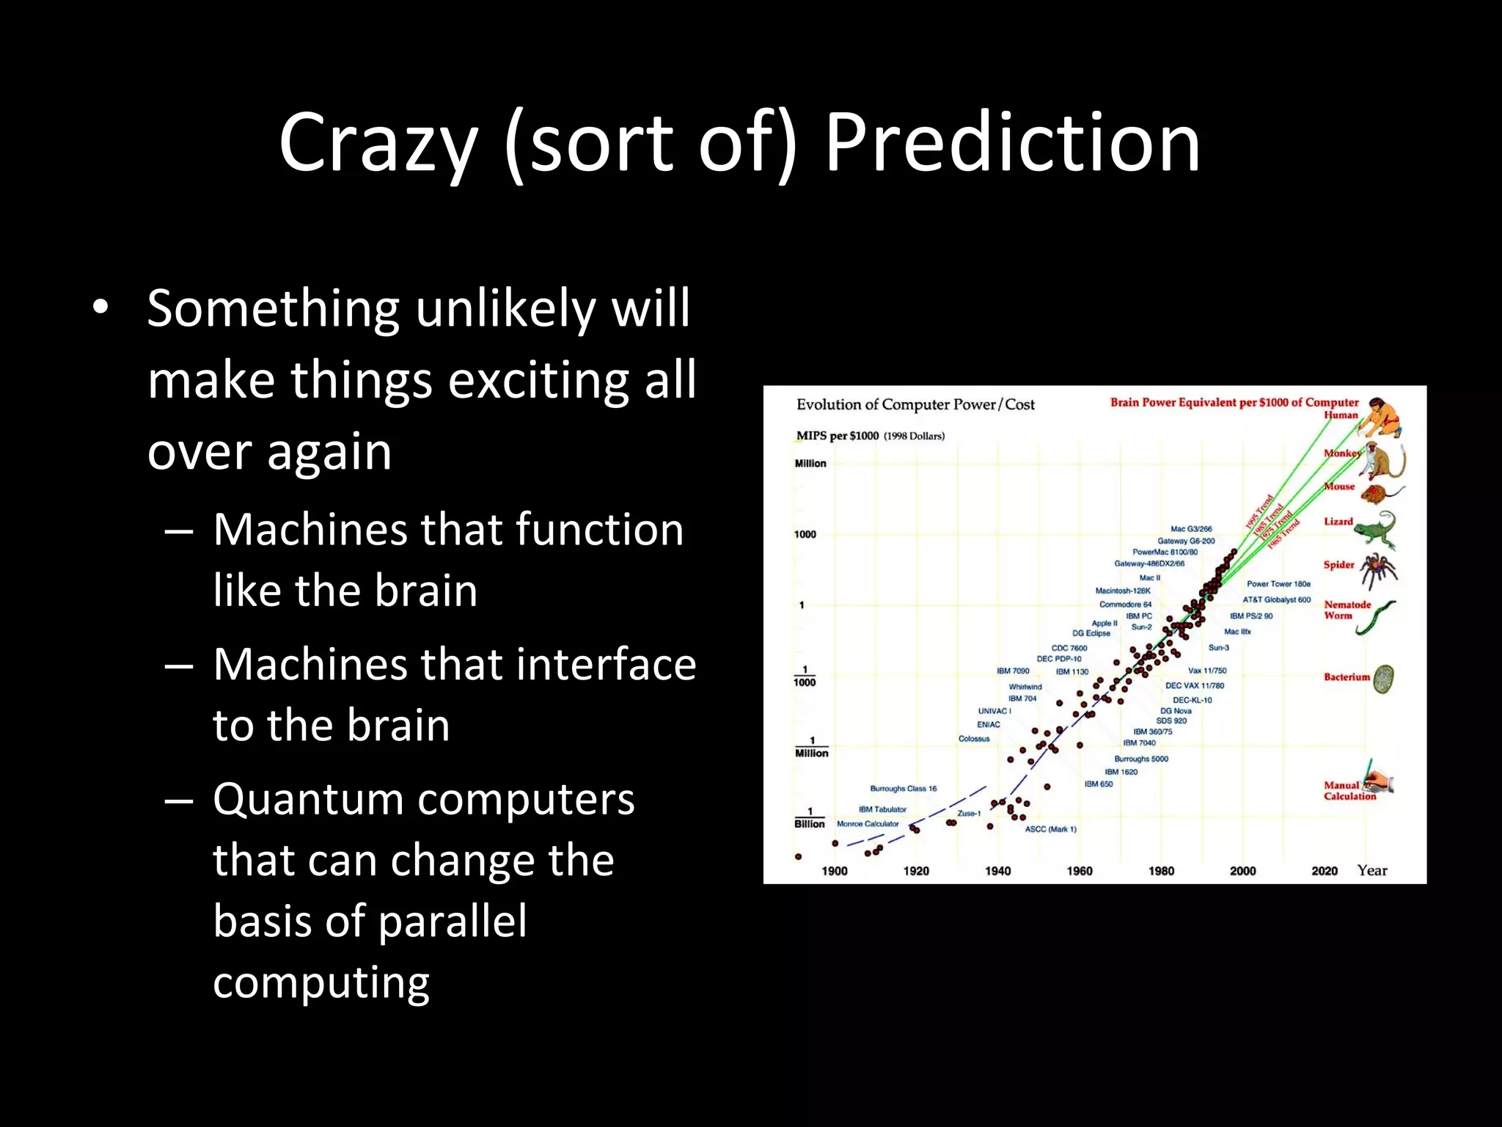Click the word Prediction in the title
(1012, 143)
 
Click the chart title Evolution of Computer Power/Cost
(915, 404)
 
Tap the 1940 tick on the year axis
(997, 871)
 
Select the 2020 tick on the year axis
(1325, 871)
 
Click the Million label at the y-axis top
(810, 464)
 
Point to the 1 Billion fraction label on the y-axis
(810, 818)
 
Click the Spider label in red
(1338, 564)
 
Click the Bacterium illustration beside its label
(1383, 679)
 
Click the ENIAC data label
(988, 724)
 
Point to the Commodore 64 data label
(1125, 605)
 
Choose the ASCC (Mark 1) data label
(1050, 829)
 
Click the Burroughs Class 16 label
(903, 789)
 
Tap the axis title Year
(1372, 870)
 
